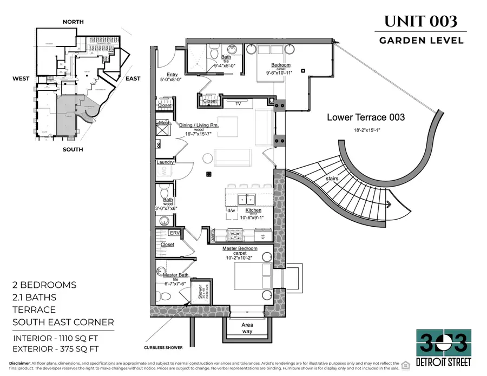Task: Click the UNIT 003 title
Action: pyautogui.click(x=420, y=22)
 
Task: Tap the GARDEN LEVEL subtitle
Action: pyautogui.click(x=420, y=40)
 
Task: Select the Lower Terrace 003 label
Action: pyautogui.click(x=366, y=117)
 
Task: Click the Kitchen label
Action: pyautogui.click(x=253, y=210)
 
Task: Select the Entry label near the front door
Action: pyautogui.click(x=173, y=75)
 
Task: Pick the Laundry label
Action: pyautogui.click(x=165, y=162)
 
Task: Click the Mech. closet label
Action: pyautogui.click(x=165, y=123)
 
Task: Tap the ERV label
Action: pyautogui.click(x=174, y=233)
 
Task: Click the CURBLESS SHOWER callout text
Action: pyautogui.click(x=163, y=347)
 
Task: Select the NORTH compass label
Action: pyautogui.click(x=74, y=22)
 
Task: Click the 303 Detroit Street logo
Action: pyautogui.click(x=444, y=346)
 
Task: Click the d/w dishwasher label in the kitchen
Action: pyautogui.click(x=231, y=210)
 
